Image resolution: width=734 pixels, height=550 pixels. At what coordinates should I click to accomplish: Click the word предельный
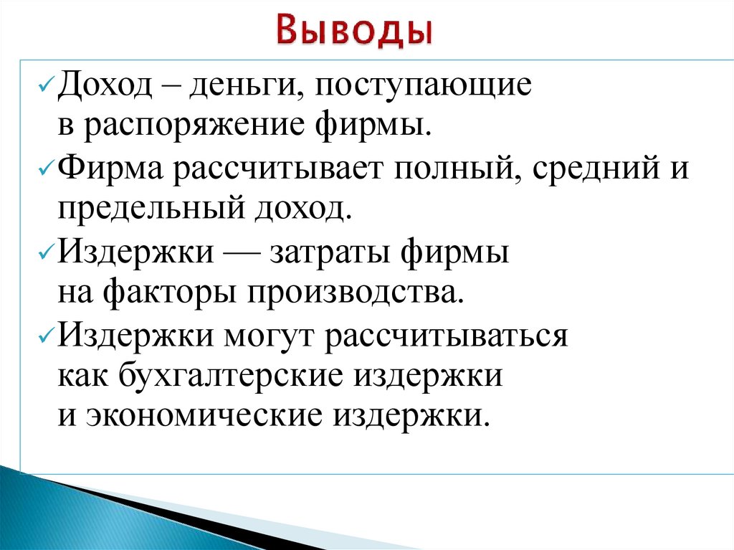tap(141, 209)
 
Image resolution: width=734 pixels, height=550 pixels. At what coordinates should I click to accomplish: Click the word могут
tap(271, 335)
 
